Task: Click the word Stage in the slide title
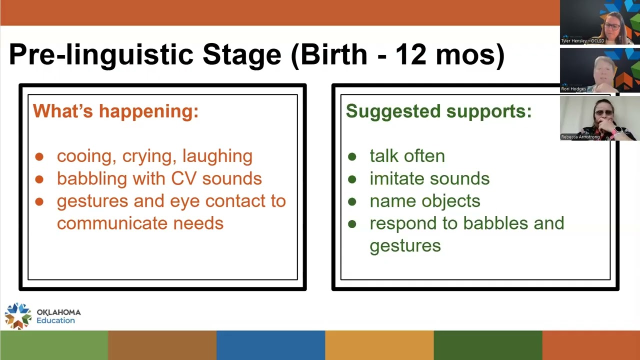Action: click(242, 55)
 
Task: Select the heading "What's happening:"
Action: click(115, 111)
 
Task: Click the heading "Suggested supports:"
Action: click(439, 111)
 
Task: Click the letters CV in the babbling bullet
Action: click(183, 178)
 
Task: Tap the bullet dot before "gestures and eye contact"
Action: click(39, 201)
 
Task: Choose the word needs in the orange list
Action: click(198, 223)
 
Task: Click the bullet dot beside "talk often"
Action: click(352, 156)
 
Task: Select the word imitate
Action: click(397, 178)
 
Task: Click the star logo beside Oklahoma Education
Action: click(18, 315)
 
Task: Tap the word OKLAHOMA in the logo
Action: click(59, 312)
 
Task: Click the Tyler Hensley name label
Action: click(582, 41)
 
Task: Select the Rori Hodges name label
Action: click(573, 89)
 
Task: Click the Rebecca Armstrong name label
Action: click(580, 137)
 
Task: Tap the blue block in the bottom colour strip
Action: click(271, 345)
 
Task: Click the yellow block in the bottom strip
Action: click(379, 345)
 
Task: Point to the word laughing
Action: click(217, 156)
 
